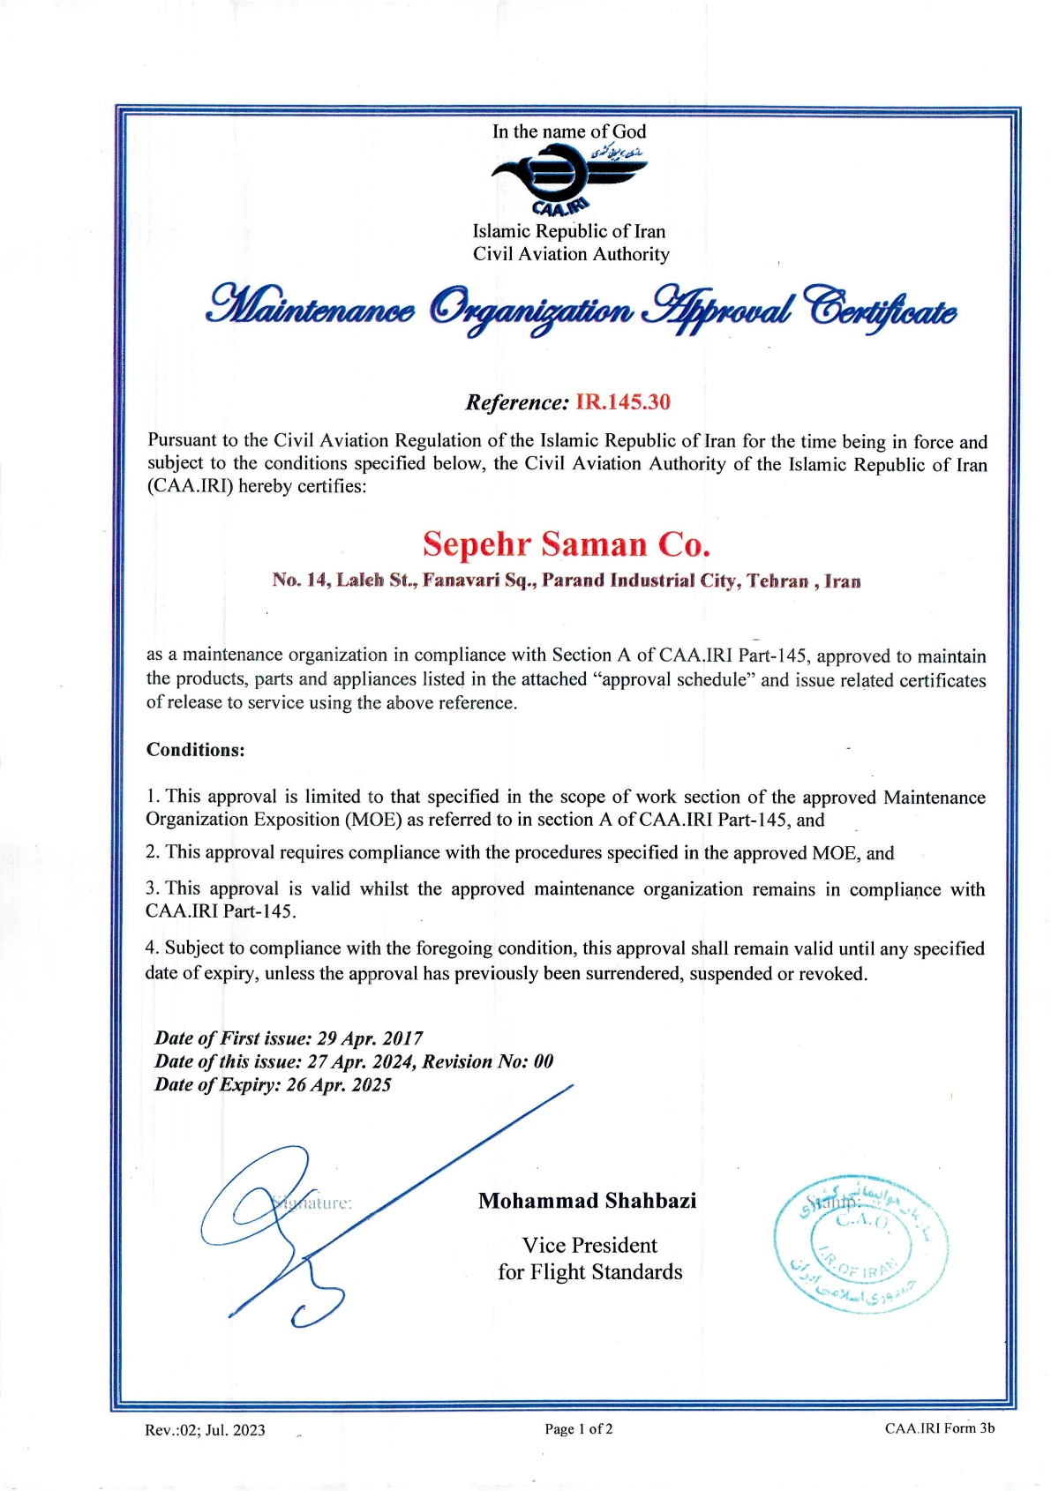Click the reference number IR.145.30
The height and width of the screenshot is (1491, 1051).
coord(623,402)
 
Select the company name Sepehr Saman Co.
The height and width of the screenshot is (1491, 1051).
coord(567,543)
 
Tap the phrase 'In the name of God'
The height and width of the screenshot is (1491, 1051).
coord(569,131)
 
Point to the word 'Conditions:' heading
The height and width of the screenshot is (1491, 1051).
coord(195,750)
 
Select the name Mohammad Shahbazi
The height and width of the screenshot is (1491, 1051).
coord(587,1201)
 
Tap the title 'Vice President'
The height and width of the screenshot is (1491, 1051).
coord(589,1245)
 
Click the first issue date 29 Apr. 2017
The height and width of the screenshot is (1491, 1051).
coord(370,1038)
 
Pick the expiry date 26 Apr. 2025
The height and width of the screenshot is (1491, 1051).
coord(339,1085)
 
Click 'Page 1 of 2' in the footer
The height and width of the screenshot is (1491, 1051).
coord(578,1429)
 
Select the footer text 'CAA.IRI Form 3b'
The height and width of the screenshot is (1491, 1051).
coord(940,1428)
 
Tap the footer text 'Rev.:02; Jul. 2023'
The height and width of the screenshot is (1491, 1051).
coord(205,1430)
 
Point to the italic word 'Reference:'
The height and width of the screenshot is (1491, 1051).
coord(517,403)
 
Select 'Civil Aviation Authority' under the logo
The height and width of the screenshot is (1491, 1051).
coord(571,254)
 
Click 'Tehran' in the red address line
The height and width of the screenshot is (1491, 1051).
coord(777,581)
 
